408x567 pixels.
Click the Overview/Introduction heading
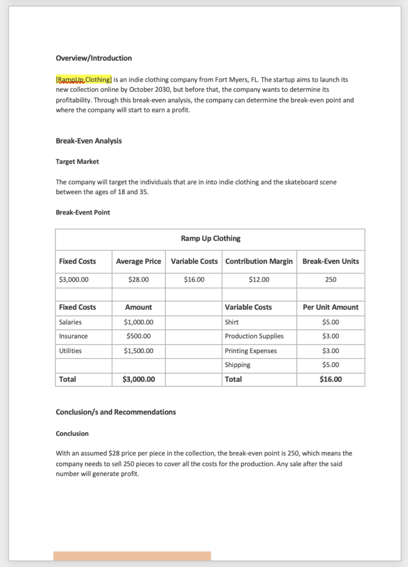[93, 58]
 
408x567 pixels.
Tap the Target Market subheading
[77, 161]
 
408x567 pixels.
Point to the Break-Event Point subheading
[83, 212]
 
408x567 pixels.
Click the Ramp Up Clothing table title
[210, 239]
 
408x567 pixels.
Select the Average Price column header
[138, 261]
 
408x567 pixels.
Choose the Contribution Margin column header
[259, 261]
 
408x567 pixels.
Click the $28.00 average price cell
[138, 280]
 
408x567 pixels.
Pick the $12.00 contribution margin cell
[259, 280]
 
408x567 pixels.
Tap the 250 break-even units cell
[330, 280]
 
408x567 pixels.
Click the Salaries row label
[70, 322]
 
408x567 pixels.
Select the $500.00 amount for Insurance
[138, 336]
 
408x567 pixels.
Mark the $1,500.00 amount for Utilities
[138, 351]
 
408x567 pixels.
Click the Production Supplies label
[254, 336]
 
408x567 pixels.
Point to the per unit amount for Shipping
[330, 365]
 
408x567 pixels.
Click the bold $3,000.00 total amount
[138, 379]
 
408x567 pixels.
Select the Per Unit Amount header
[330, 307]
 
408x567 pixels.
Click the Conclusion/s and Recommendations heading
[116, 412]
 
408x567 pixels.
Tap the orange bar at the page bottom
[132, 556]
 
